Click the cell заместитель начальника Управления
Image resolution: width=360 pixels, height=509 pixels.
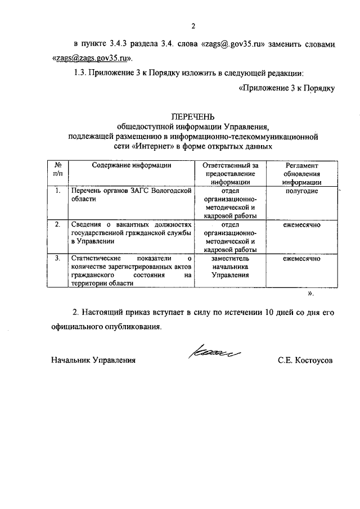tap(230, 267)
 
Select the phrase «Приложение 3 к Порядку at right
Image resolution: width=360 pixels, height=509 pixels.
tap(287, 88)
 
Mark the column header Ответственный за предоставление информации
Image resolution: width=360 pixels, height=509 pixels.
tap(230, 173)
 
